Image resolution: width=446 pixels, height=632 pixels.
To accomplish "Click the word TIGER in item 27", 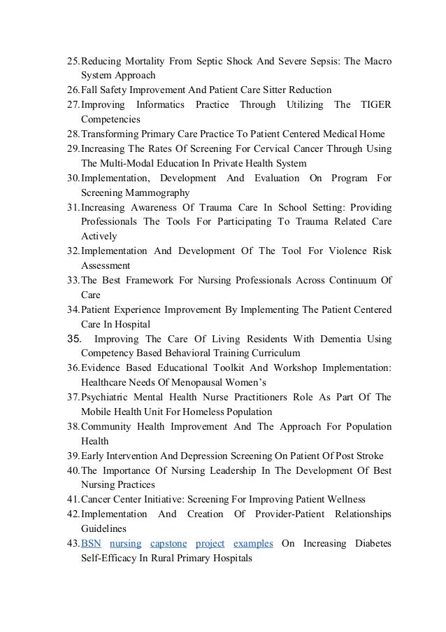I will click(x=375, y=104).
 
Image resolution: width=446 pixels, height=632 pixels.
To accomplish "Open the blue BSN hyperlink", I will click(x=91, y=544).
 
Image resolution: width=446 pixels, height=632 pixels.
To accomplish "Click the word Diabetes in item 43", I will click(x=372, y=544).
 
